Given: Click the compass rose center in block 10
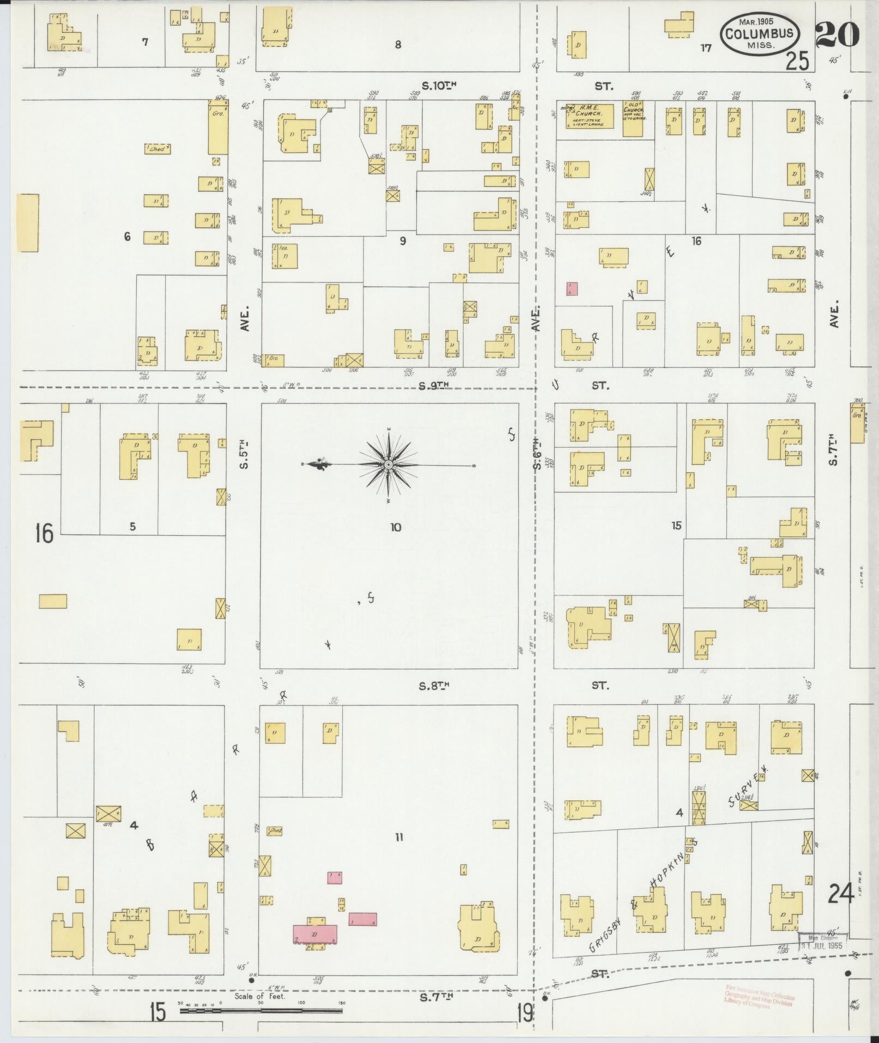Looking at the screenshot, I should click(389, 465).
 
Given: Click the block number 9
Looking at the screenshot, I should click(403, 240).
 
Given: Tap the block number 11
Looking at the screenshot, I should click(399, 837).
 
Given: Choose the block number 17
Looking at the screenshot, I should click(706, 48).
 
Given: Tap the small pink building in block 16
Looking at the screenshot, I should click(572, 288).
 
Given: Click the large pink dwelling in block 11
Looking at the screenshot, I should click(315, 933).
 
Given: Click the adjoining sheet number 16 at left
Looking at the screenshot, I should click(44, 532).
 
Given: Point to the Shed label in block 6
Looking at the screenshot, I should click(157, 148).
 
